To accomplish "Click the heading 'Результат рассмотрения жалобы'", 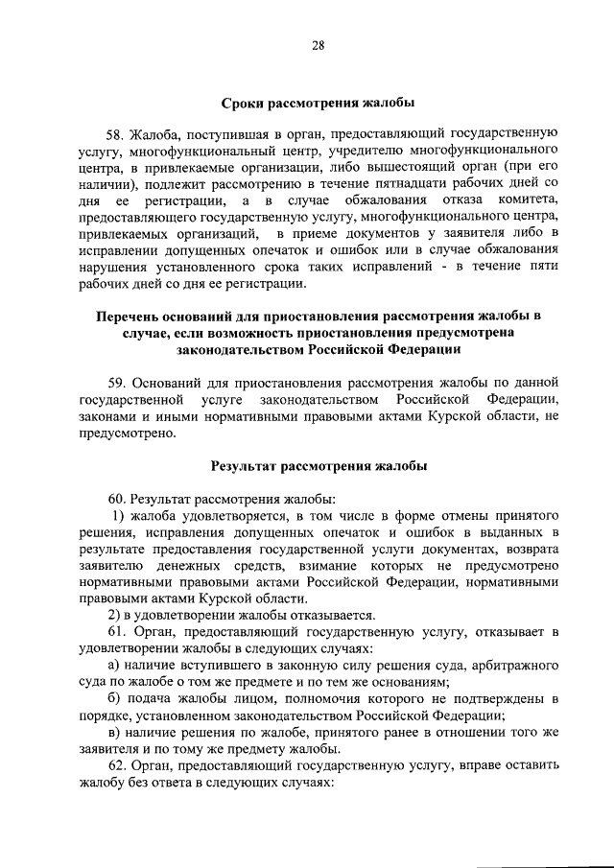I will click(318, 466).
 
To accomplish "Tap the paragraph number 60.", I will click(118, 500).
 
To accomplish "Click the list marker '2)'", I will click(114, 615).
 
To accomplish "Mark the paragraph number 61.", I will click(118, 632).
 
